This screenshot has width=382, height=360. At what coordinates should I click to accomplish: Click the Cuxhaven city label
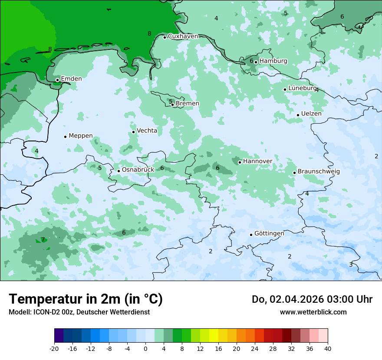[183, 36]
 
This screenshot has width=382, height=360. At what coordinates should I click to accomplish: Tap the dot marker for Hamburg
[256, 62]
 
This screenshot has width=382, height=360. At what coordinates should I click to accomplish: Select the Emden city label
[71, 79]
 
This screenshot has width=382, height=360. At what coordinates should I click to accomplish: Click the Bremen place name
[188, 104]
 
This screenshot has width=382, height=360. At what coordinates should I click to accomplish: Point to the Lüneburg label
[302, 88]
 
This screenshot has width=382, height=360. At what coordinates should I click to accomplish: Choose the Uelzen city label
[311, 114]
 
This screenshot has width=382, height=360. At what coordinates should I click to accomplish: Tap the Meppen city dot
[65, 137]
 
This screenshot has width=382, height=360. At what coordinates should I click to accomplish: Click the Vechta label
[147, 131]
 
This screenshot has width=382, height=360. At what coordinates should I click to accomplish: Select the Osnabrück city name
[138, 170]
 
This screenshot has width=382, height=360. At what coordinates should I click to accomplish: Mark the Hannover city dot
[240, 162]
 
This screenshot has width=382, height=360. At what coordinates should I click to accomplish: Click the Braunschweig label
[319, 171]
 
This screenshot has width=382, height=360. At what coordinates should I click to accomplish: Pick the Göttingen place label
[269, 233]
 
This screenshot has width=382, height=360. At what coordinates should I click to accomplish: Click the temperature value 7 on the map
[43, 240]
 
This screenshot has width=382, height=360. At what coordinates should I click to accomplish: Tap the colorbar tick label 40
[328, 349]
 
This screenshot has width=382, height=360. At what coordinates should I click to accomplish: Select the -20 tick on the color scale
[54, 349]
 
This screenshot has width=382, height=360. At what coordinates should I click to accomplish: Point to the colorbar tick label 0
[145, 349]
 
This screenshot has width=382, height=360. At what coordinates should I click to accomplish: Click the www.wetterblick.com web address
[313, 312]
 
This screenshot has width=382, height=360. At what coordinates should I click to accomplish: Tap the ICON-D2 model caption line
[79, 312]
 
